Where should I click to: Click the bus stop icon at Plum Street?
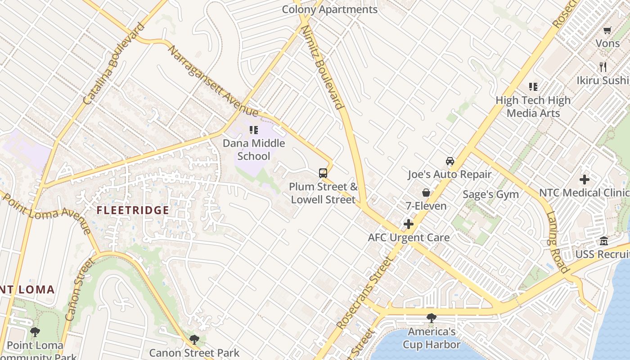(x=323, y=173)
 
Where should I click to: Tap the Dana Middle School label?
(x=254, y=150)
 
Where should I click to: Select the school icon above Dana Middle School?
(x=254, y=130)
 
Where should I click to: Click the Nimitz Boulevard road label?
(x=322, y=67)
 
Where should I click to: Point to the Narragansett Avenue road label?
(x=212, y=81)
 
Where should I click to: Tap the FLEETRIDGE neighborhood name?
(x=133, y=210)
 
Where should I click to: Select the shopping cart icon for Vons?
(x=607, y=31)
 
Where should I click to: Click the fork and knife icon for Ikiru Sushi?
(x=603, y=67)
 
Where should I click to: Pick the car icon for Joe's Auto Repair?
(x=450, y=161)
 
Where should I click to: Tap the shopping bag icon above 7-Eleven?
(x=426, y=193)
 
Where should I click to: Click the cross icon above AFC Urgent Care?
(x=409, y=224)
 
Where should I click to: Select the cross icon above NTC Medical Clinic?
(x=584, y=180)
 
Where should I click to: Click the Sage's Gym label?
(x=490, y=194)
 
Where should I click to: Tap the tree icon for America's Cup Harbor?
(x=431, y=318)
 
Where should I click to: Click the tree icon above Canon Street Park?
(x=194, y=339)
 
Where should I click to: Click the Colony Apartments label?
(x=329, y=9)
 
